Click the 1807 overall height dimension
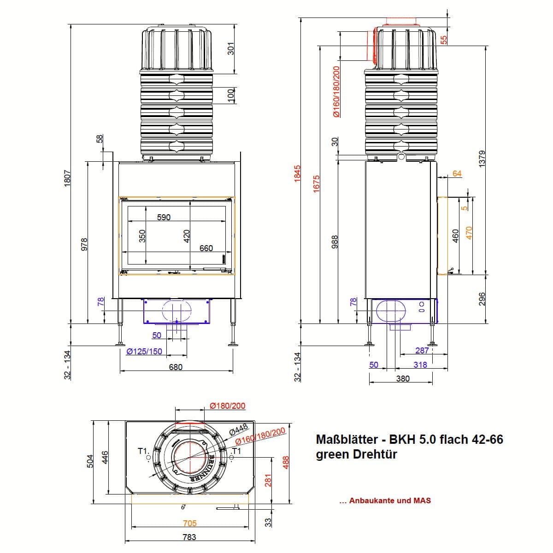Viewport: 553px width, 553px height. click(x=67, y=178)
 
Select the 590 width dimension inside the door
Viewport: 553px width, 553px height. click(x=164, y=217)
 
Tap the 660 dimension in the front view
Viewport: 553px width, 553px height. click(x=206, y=248)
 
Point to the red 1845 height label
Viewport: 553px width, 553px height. click(x=297, y=173)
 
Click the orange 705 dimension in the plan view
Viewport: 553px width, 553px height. click(x=190, y=523)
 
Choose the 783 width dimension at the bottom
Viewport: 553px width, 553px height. click(x=189, y=537)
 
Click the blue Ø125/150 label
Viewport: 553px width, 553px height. click(x=144, y=351)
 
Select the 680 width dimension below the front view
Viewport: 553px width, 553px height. click(x=176, y=367)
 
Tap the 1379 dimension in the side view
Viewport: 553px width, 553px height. click(x=482, y=159)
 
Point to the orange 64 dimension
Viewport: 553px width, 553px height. click(x=457, y=173)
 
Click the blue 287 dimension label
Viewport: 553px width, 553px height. click(x=422, y=350)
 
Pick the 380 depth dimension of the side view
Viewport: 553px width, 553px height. click(x=403, y=378)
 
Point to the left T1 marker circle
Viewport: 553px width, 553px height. click(x=148, y=458)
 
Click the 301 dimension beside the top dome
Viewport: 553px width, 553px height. click(x=231, y=48)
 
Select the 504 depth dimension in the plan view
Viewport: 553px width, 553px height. click(x=90, y=461)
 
